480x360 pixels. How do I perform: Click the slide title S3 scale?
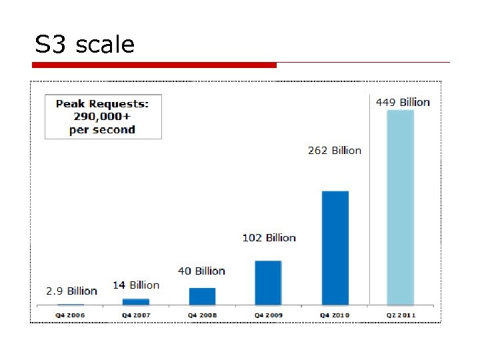point(85,45)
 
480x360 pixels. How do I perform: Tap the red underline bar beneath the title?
point(155,65)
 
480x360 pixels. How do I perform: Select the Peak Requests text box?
point(103,117)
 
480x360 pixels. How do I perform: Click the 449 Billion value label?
point(403,102)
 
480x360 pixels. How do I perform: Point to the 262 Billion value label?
point(334,150)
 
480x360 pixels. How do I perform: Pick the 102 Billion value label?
point(268,237)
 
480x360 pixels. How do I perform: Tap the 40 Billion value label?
point(201,271)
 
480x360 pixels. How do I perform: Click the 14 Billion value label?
point(136,285)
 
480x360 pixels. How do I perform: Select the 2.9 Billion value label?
point(71,291)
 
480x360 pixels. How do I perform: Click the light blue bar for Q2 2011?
point(400,207)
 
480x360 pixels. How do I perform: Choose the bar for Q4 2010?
point(335,247)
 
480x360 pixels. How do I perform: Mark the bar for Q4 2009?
point(268,282)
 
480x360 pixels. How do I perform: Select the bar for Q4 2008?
point(202,296)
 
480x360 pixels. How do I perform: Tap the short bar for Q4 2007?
point(136,301)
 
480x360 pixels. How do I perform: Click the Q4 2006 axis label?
point(71,314)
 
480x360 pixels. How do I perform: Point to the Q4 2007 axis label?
point(136,314)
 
